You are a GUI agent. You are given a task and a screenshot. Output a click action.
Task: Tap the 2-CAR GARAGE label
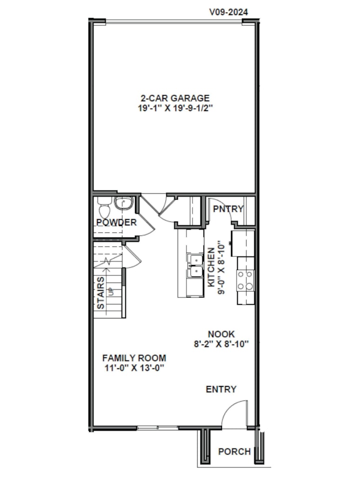coord(174,98)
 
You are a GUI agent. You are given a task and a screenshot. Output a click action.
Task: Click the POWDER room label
coord(116,222)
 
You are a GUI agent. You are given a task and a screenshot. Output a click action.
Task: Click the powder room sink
coord(122,203)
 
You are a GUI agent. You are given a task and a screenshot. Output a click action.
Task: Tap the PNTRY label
coord(228,209)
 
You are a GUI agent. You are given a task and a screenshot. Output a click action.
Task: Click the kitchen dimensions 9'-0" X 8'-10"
coord(221,267)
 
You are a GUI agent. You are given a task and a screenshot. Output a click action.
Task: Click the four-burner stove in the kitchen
coord(245,280)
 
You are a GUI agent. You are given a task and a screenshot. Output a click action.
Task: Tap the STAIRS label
coord(101,292)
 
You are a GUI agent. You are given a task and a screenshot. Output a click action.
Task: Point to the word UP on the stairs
coord(111,291)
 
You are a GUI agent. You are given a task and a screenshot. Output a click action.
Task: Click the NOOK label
coord(221,334)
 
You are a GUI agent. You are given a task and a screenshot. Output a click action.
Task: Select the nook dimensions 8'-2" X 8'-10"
coord(221,343)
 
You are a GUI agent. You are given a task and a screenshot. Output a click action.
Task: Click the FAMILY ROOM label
coord(134,358)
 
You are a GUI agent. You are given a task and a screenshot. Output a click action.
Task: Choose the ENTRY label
coord(221,389)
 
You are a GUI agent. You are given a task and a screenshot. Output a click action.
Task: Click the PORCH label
coord(234,451)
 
